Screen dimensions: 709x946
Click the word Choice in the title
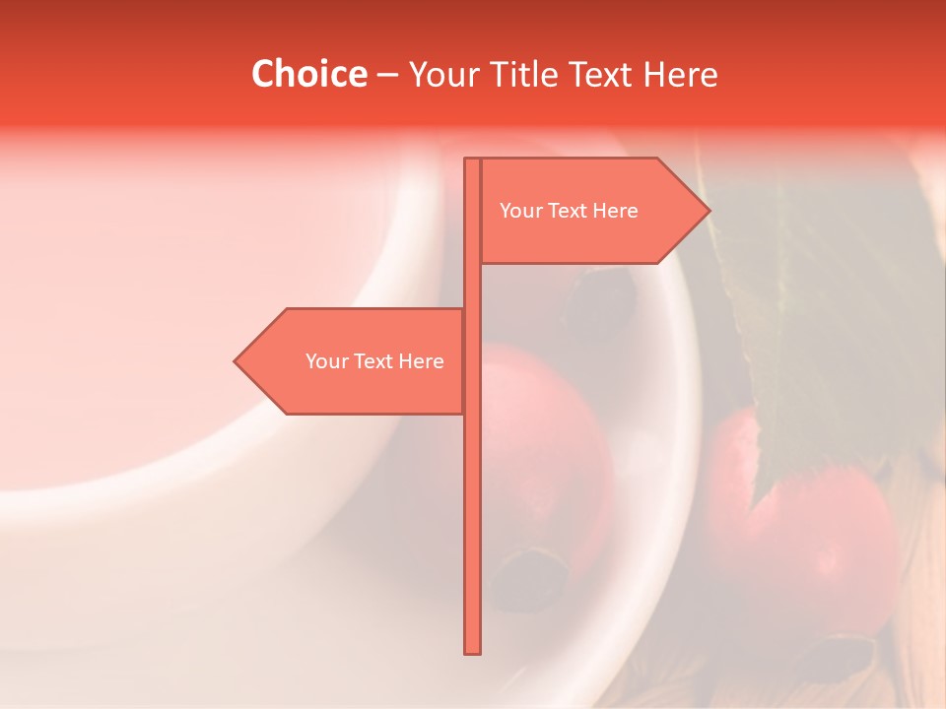click(x=308, y=75)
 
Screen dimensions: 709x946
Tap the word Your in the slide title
click(x=443, y=75)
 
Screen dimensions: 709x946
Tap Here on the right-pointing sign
click(x=616, y=211)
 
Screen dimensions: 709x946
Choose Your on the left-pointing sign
click(x=325, y=361)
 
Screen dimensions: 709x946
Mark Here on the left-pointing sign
click(x=422, y=361)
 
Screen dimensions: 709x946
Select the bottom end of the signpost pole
click(x=473, y=650)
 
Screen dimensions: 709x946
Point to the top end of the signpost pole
click(x=473, y=161)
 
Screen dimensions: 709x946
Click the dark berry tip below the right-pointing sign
click(x=601, y=295)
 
